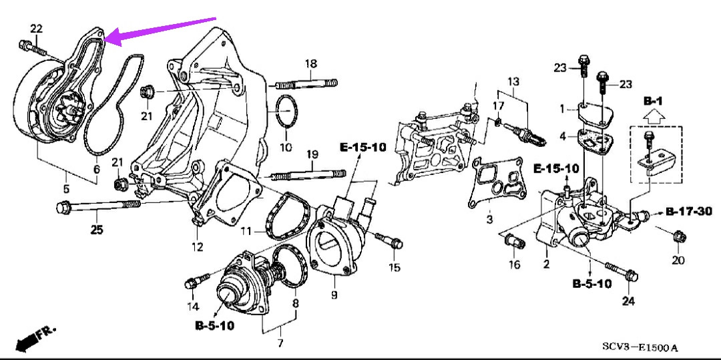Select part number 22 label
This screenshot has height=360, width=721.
point(36,28)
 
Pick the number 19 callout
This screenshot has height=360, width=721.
point(311,155)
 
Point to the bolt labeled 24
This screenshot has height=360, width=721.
point(624,273)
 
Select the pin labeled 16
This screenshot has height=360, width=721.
point(513,240)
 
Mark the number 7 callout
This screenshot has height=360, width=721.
point(280,343)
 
